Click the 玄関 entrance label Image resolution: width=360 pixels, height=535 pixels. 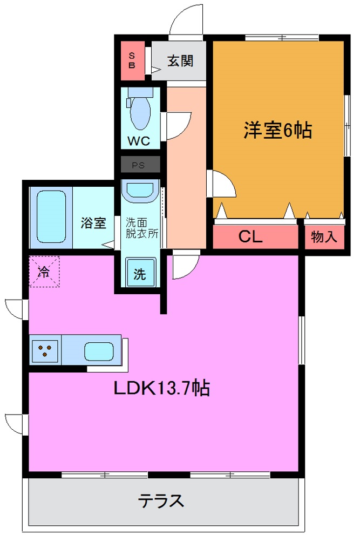click(x=179, y=60)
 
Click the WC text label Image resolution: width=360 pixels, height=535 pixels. click(x=139, y=142)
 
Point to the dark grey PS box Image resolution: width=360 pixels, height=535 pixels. click(x=140, y=165)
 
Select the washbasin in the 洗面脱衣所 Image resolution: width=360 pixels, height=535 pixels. click(x=139, y=190)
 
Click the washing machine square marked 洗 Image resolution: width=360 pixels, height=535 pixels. click(x=140, y=273)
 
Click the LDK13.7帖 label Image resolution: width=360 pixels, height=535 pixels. click(x=161, y=388)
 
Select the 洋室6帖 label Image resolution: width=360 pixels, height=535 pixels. click(x=277, y=130)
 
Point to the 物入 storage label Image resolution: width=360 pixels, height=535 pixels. click(x=324, y=236)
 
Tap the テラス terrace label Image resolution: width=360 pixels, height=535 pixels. click(x=161, y=500)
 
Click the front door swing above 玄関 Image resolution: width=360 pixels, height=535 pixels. click(x=186, y=22)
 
